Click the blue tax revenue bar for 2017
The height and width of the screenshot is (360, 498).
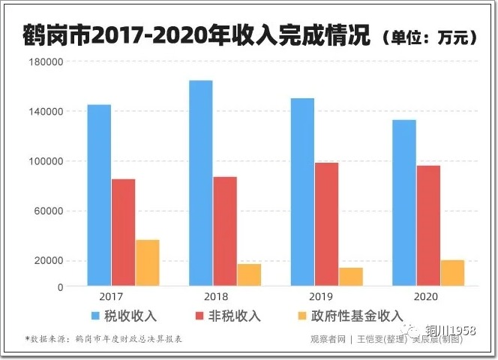[99, 195]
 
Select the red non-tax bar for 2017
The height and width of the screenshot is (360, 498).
[124, 232]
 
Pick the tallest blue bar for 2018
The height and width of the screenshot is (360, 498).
[200, 183]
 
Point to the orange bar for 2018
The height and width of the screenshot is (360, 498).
[249, 274]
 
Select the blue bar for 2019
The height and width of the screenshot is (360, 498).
[302, 192]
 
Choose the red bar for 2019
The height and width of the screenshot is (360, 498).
[326, 224]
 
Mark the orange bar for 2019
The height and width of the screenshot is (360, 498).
[351, 277]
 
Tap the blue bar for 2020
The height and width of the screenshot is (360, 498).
[403, 202]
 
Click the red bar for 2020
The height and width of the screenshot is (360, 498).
[428, 226]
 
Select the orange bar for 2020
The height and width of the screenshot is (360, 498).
[452, 273]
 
